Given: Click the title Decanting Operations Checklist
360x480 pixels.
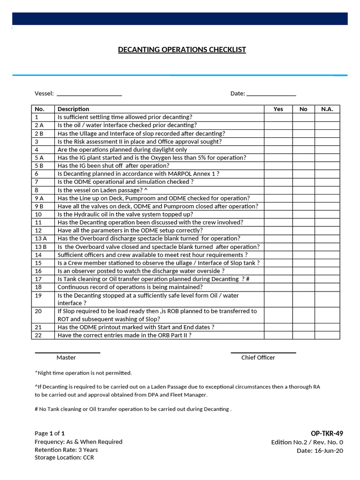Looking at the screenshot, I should (182, 50).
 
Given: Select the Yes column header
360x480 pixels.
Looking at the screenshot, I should (278, 109).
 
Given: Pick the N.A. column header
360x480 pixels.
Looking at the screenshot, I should (327, 109).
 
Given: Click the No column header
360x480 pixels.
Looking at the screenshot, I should (303, 109).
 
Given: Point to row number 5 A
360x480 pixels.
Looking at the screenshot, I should (39, 158).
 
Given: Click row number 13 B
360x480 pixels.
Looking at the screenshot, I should (40, 247).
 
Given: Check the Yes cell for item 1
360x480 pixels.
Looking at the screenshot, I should (278, 117).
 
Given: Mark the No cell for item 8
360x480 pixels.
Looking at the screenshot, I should (303, 190).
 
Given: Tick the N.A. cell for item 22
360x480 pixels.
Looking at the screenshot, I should (327, 336).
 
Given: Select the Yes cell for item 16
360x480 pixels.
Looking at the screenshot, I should (278, 271).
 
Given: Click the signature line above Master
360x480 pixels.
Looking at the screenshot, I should (67, 352).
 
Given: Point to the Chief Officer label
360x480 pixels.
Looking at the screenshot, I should (258, 358).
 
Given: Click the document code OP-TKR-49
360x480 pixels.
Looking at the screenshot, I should (327, 434).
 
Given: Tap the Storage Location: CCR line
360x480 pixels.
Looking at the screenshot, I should (64, 458).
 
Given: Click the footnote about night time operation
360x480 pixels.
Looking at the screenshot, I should (83, 373).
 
